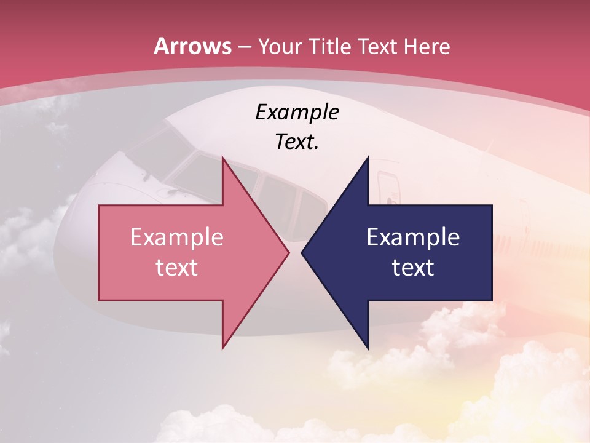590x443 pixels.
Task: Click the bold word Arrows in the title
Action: pyautogui.click(x=193, y=46)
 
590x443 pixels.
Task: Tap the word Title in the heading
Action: pyautogui.click(x=335, y=47)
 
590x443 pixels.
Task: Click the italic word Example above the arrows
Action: pyautogui.click(x=297, y=112)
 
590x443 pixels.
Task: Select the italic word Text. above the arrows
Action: pyautogui.click(x=297, y=142)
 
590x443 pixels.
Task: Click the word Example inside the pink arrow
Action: pyautogui.click(x=177, y=237)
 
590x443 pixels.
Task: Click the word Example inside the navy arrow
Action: pyautogui.click(x=413, y=237)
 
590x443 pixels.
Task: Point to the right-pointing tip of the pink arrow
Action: pyautogui.click(x=288, y=252)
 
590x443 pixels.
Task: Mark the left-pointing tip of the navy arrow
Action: pyautogui.click(x=302, y=252)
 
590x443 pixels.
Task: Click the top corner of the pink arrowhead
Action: pyautogui.click(x=222, y=158)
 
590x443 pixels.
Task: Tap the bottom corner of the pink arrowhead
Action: pyautogui.click(x=222, y=348)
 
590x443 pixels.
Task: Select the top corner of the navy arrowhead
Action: pyautogui.click(x=368, y=158)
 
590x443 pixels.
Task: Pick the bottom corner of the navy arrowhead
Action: pyautogui.click(x=368, y=348)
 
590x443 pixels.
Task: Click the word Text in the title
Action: pyautogui.click(x=379, y=47)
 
